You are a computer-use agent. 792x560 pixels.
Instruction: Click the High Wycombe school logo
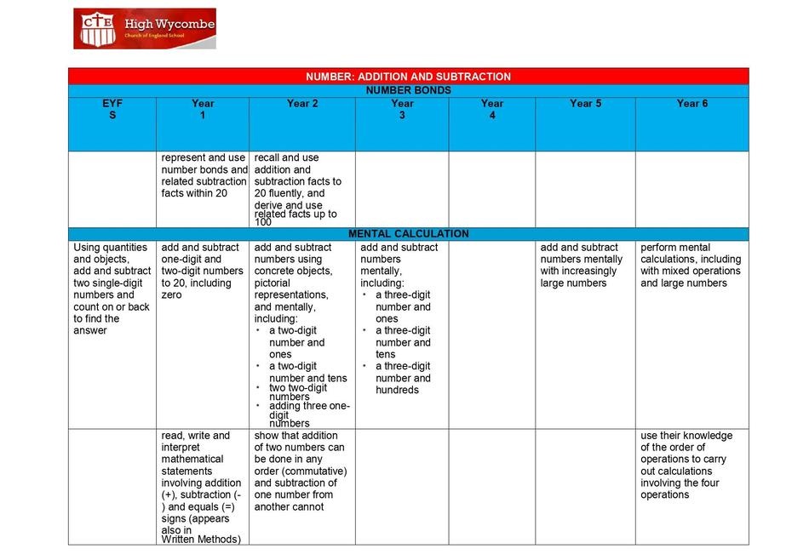[x=144, y=28]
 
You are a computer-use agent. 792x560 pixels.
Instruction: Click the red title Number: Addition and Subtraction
[x=408, y=77]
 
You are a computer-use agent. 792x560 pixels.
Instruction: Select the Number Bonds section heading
[x=408, y=89]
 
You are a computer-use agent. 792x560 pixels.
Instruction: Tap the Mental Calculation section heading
[x=408, y=233]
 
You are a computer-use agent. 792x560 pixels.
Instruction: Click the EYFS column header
[x=112, y=109]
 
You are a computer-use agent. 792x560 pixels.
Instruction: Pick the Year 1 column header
[x=203, y=109]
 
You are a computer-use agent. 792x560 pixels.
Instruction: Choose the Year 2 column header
[x=302, y=103]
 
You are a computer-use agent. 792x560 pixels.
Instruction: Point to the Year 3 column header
[x=402, y=109]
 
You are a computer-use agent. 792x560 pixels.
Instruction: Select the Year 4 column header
[x=491, y=109]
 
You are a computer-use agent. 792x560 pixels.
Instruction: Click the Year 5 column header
[x=585, y=103]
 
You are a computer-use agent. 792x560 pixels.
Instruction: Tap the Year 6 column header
[x=692, y=103]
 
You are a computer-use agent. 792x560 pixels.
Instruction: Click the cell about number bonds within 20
[x=204, y=175]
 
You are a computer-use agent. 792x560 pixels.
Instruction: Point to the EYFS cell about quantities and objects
[x=112, y=289]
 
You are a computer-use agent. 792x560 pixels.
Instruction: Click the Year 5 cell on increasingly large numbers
[x=582, y=265]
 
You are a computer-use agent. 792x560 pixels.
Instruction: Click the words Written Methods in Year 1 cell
[x=201, y=539]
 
